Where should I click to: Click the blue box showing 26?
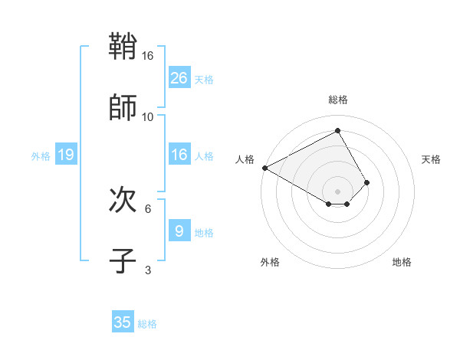(179, 78)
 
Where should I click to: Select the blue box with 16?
(179, 155)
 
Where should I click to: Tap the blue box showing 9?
(179, 231)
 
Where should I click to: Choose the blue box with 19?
(66, 155)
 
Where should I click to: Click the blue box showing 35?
(123, 322)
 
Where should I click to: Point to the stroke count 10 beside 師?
(148, 116)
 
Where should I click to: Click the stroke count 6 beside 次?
(148, 208)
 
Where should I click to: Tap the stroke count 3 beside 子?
(148, 270)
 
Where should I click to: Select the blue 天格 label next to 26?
(204, 80)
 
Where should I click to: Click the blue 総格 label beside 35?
(147, 324)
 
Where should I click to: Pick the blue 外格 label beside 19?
(41, 156)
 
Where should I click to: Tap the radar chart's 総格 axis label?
(337, 100)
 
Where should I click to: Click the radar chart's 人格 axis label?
(244, 159)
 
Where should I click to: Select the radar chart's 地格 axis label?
(402, 262)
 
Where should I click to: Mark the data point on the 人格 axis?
(264, 168)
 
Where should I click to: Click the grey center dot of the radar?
(337, 191)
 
